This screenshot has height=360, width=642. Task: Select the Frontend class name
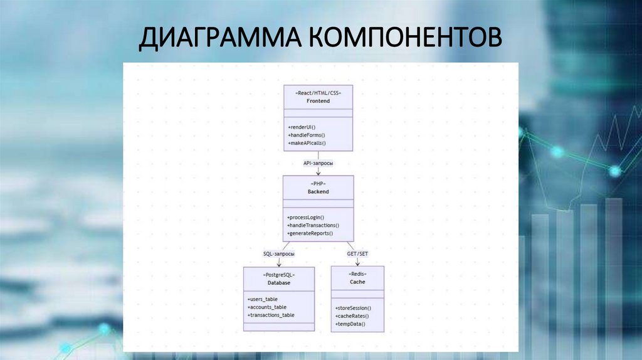click(318, 100)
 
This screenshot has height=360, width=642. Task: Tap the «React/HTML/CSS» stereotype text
click(318, 92)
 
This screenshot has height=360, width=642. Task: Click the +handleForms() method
click(307, 135)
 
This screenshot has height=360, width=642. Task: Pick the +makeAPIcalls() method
click(307, 144)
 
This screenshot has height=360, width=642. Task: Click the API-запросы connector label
click(318, 163)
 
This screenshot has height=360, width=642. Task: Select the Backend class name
click(318, 191)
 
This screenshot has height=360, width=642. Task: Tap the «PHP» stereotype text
click(318, 183)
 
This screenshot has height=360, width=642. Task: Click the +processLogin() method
click(306, 217)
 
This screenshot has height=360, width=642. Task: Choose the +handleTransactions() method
click(313, 225)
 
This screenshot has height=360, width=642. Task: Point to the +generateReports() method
click(310, 233)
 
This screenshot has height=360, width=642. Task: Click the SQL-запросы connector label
click(279, 253)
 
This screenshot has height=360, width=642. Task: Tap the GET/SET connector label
click(358, 253)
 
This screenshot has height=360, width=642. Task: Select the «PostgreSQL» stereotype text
click(279, 274)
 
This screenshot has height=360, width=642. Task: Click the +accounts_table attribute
click(267, 307)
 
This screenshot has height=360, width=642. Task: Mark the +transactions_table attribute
click(271, 315)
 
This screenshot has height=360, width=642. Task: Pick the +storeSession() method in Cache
click(354, 308)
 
